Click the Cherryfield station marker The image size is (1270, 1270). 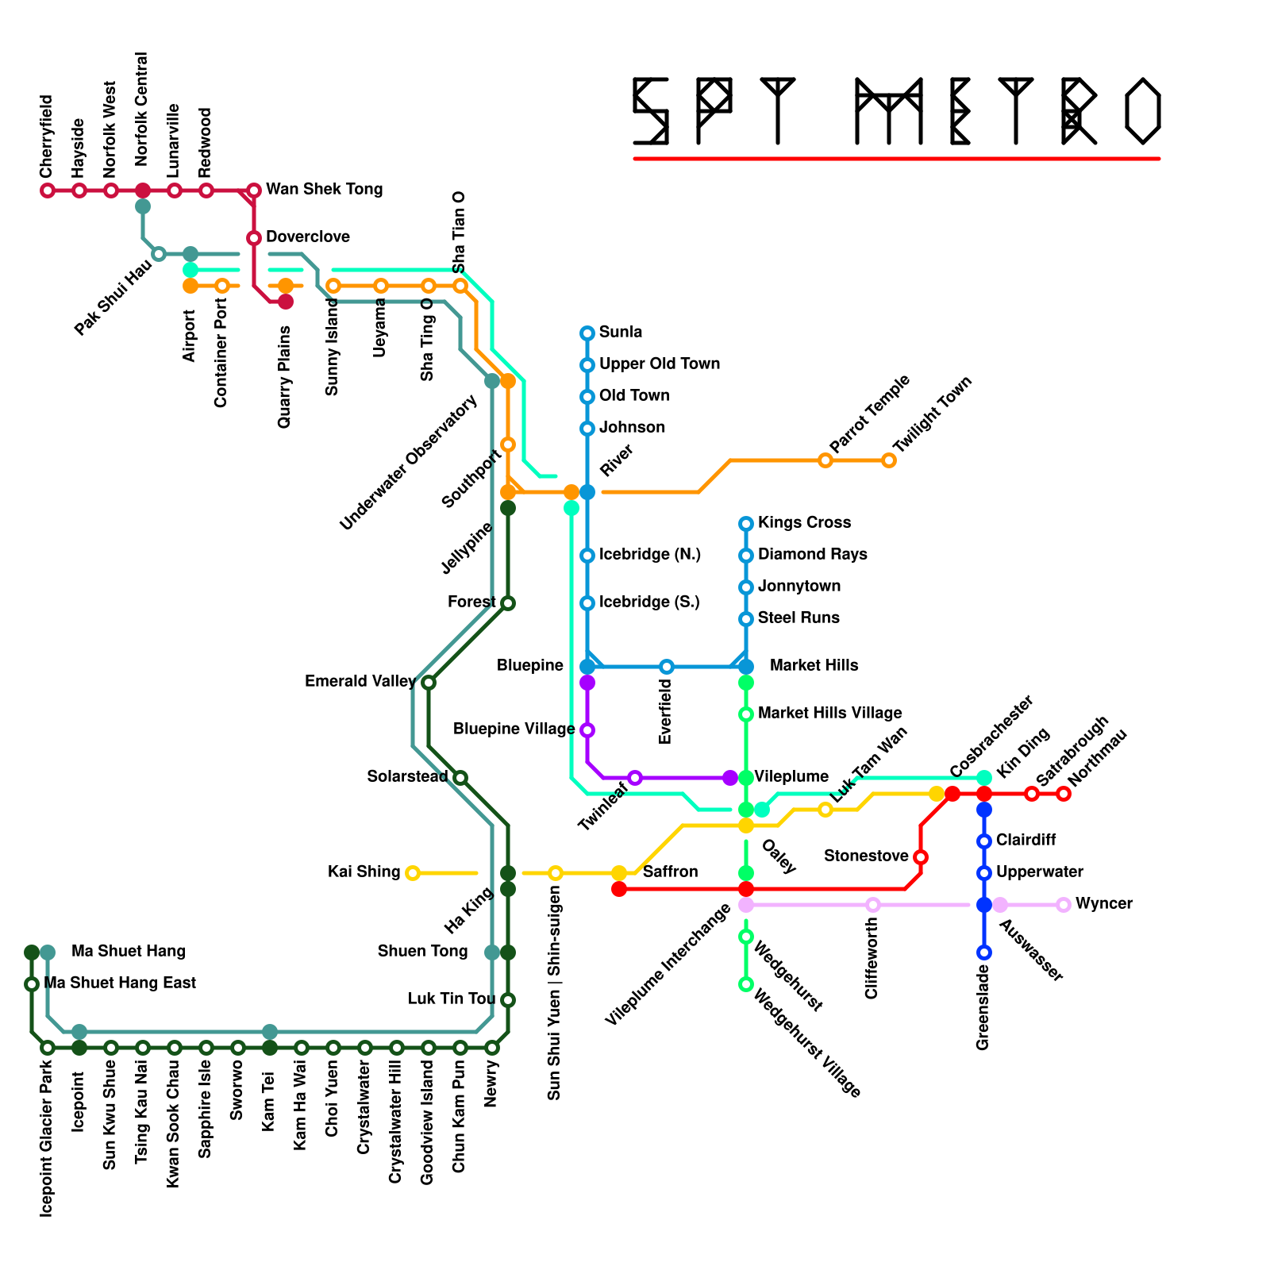[x=48, y=190]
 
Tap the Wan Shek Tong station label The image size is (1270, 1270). [x=324, y=190]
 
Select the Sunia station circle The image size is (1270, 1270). [x=587, y=333]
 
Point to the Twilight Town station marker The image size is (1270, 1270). [x=889, y=460]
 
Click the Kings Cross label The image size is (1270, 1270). [x=804, y=523]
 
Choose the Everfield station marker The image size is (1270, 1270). [x=667, y=667]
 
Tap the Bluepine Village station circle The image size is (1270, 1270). [x=587, y=730]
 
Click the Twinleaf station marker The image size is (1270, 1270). [x=635, y=778]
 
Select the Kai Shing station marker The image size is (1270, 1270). [x=413, y=873]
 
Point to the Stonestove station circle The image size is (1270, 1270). [x=921, y=857]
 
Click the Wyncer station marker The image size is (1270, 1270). [x=1064, y=905]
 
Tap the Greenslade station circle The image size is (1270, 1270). [x=984, y=952]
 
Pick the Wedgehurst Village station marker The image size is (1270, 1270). [x=746, y=984]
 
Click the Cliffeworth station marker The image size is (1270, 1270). [x=873, y=905]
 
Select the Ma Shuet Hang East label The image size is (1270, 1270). [x=120, y=983]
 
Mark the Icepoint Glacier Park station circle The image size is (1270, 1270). [x=48, y=1048]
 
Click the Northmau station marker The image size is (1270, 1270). [x=1064, y=794]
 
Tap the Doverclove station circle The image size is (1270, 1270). [x=254, y=238]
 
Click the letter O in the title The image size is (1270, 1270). [x=1143, y=111]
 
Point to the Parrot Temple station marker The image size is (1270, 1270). [x=825, y=460]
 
